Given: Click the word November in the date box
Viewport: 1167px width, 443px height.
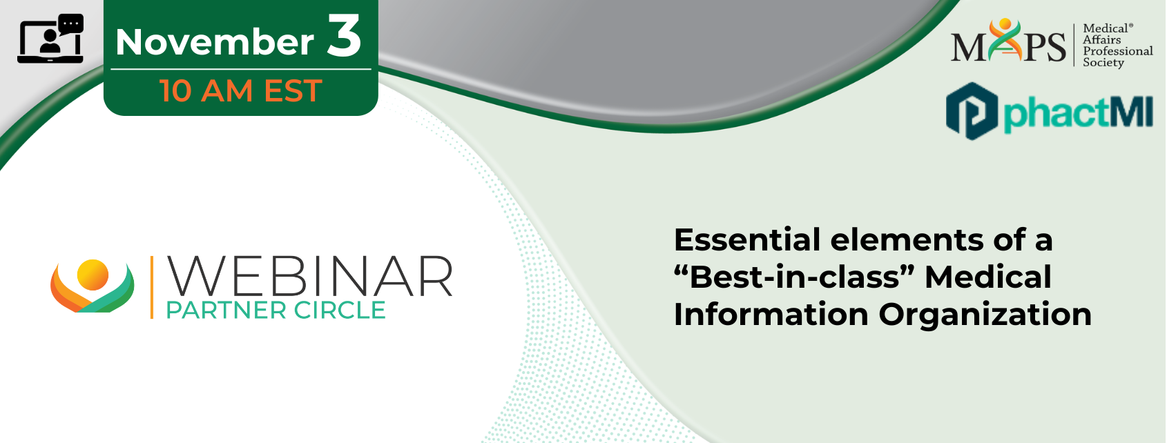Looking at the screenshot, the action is pyautogui.click(x=215, y=41).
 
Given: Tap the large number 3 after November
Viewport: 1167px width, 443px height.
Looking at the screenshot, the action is pyautogui.click(x=345, y=35).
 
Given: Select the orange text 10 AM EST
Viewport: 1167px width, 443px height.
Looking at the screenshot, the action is pyautogui.click(x=241, y=90).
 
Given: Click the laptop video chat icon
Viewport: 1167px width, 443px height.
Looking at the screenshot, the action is pyautogui.click(x=50, y=39).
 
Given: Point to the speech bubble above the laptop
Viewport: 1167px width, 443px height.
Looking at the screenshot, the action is pyautogui.click(x=71, y=24).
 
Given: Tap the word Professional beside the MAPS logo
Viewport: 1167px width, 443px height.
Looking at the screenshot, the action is pyautogui.click(x=1117, y=51).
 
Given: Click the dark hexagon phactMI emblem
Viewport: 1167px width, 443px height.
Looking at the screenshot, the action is pyautogui.click(x=972, y=111).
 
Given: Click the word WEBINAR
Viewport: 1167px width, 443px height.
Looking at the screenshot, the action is pyautogui.click(x=309, y=276).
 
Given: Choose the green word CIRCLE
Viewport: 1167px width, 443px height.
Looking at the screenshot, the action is pyautogui.click(x=339, y=311).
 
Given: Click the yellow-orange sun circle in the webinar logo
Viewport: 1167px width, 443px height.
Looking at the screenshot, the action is pyautogui.click(x=93, y=275).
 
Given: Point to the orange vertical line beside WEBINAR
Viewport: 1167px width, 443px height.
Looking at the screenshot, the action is pyautogui.click(x=152, y=287).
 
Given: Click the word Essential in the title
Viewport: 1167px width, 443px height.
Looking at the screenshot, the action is pyautogui.click(x=748, y=240).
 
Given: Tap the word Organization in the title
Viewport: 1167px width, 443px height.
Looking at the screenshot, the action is pyautogui.click(x=985, y=315).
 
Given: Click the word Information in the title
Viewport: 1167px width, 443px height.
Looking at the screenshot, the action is pyautogui.click(x=771, y=315).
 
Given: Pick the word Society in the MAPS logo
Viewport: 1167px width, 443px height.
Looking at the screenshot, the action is pyautogui.click(x=1103, y=63).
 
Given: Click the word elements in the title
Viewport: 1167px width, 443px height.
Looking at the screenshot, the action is pyautogui.click(x=907, y=240).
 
